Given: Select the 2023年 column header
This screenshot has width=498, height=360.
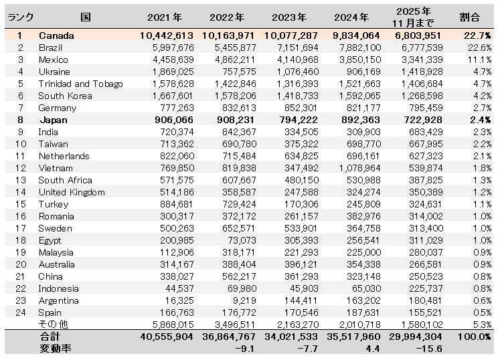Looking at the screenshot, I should point(289,17).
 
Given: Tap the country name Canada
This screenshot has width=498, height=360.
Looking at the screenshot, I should point(56,35).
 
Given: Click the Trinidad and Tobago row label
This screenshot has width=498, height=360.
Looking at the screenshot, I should point(80,84).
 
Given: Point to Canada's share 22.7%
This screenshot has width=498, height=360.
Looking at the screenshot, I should point(477,35).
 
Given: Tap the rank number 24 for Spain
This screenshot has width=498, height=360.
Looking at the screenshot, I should point(20,312).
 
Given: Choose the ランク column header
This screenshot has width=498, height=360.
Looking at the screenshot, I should point(21,17).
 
